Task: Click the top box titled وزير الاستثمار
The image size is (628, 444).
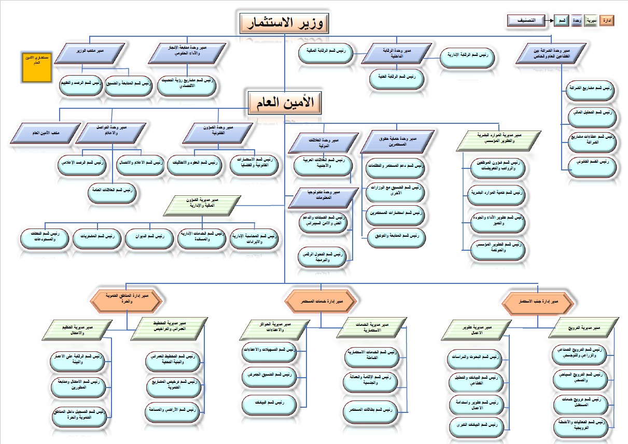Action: click(x=285, y=24)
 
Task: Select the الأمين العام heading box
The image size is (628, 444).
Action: click(x=285, y=102)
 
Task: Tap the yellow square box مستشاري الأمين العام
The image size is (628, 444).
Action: click(x=36, y=66)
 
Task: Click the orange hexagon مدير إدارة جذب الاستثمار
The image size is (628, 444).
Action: click(x=540, y=300)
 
